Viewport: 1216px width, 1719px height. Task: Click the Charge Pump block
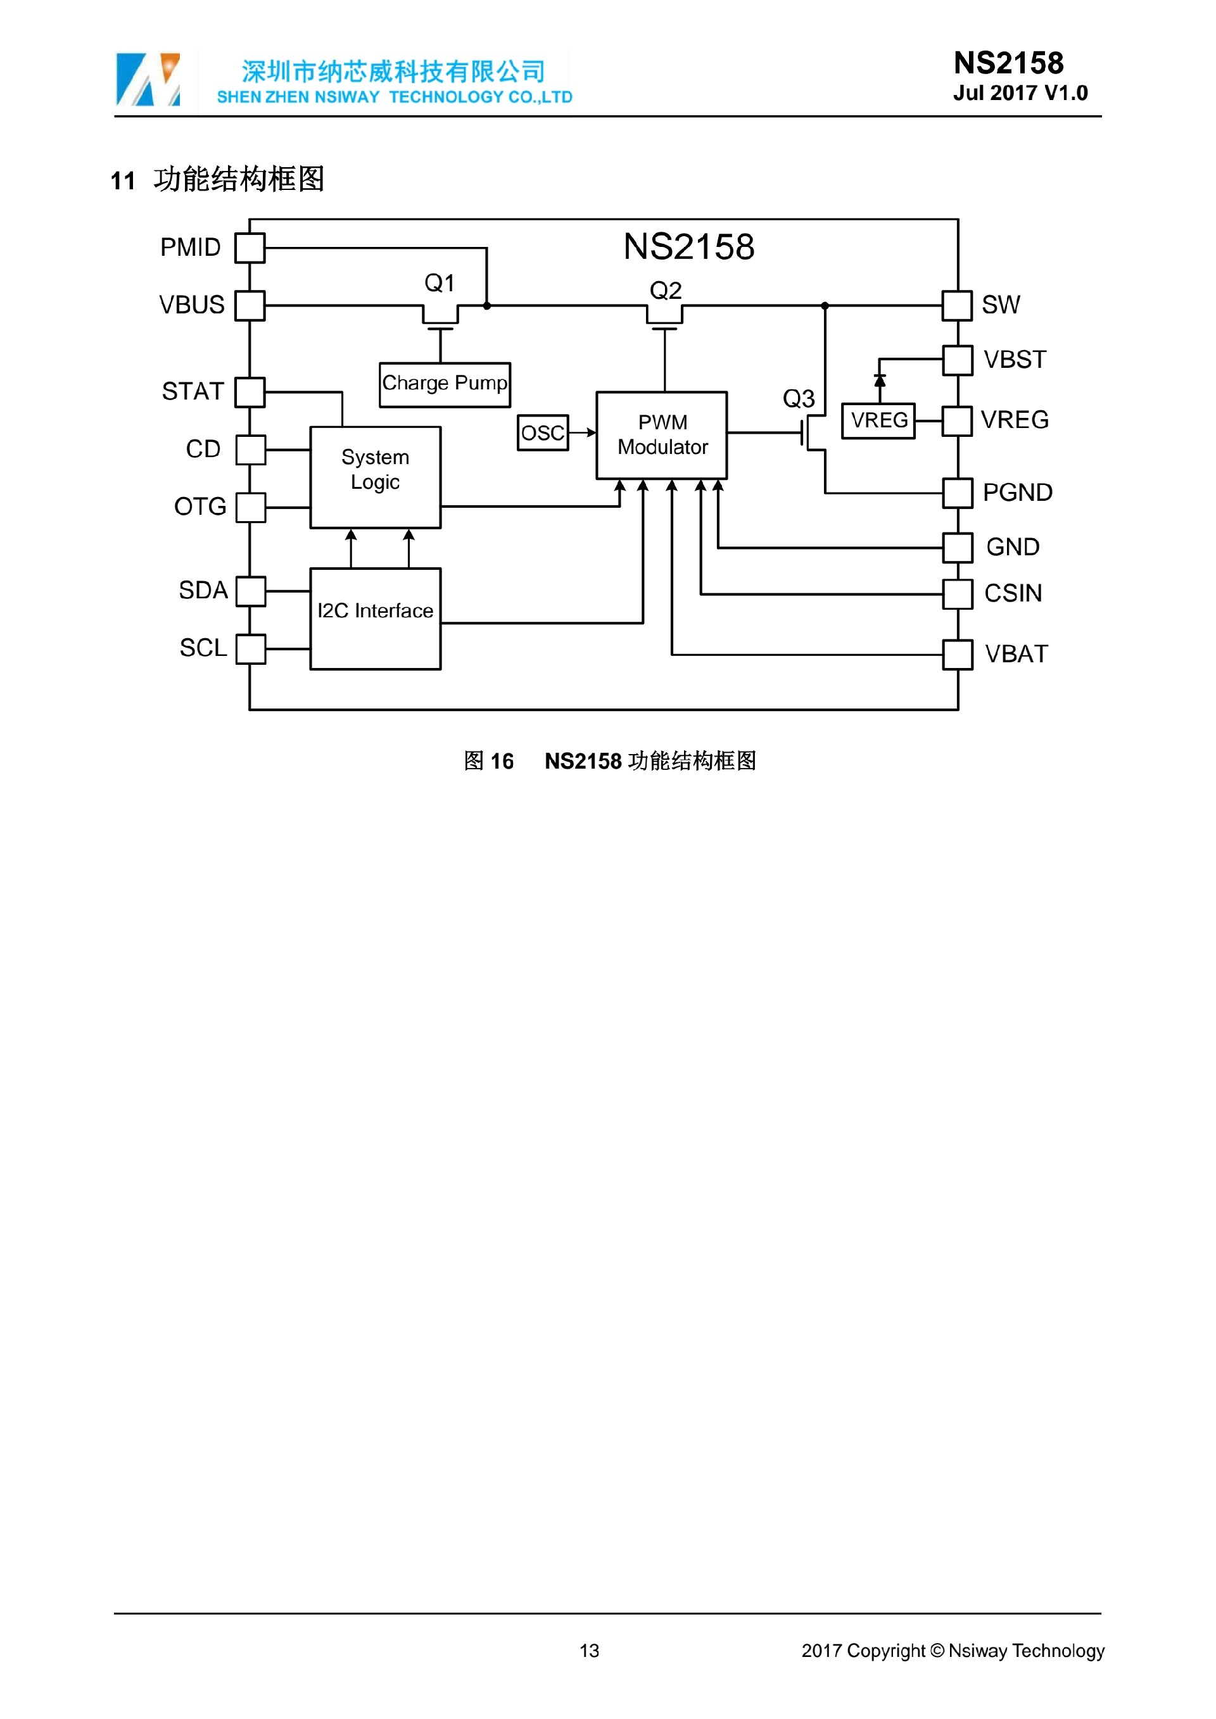tap(445, 385)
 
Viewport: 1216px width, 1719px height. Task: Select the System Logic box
tap(375, 477)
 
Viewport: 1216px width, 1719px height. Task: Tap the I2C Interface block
tap(375, 619)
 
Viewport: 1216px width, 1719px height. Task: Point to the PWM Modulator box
tap(661, 435)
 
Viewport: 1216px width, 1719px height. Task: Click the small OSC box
tap(543, 432)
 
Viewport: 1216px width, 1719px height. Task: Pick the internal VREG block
tap(878, 420)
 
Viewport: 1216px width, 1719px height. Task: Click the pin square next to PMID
tap(250, 248)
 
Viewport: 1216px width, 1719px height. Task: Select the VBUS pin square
tap(250, 305)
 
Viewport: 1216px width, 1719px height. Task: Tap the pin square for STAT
tap(250, 391)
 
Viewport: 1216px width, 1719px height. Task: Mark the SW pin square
tap(957, 305)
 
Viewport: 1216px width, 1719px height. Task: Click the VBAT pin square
tap(957, 654)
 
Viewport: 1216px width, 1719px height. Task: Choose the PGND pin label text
tap(1017, 493)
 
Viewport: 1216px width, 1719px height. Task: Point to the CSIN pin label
tap(1012, 593)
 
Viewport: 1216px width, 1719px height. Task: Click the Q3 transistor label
tap(798, 398)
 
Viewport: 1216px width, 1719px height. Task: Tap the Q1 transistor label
tap(440, 283)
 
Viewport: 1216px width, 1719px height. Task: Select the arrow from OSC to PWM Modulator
tap(583, 432)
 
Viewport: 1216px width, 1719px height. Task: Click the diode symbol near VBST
tap(880, 381)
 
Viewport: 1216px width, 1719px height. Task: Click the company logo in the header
tap(148, 79)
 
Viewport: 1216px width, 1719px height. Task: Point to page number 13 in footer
tap(589, 1651)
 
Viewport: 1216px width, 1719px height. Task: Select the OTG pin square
tap(250, 507)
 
